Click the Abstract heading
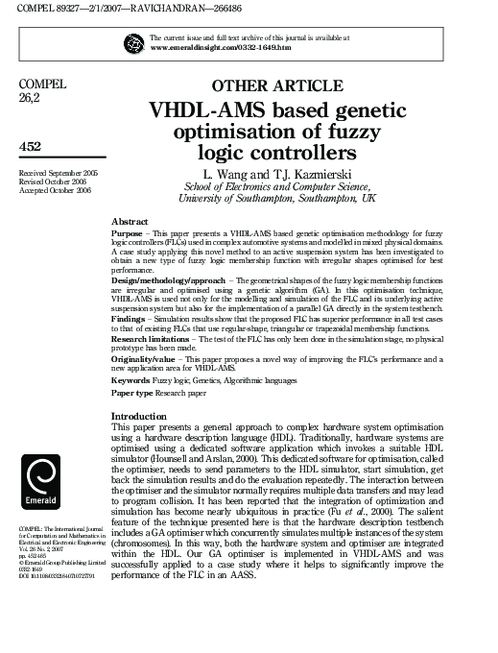pos(130,221)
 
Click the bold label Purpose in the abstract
pos(127,234)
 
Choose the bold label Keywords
pos(131,380)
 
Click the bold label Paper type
pos(133,394)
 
